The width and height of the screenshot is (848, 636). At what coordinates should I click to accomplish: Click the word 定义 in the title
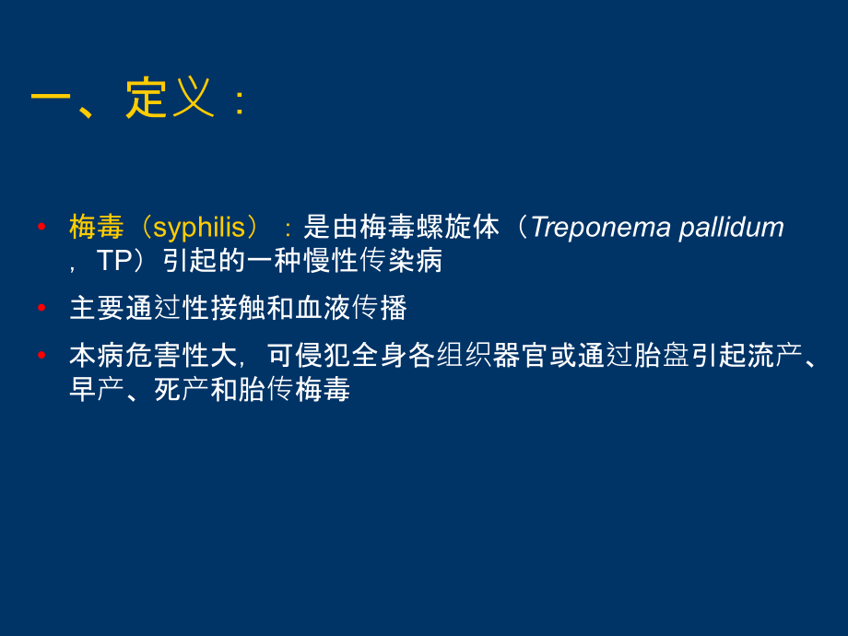(x=171, y=98)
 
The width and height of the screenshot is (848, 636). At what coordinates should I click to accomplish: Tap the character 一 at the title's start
(x=51, y=98)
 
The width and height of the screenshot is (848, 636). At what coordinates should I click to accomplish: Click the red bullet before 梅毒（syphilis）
(x=41, y=227)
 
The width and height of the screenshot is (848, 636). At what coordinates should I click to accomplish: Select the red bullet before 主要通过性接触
(x=41, y=308)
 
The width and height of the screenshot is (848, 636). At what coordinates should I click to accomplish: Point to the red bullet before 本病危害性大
(x=41, y=355)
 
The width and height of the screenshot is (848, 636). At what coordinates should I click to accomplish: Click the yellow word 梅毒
(x=97, y=227)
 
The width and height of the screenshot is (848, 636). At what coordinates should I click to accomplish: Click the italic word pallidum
(x=731, y=228)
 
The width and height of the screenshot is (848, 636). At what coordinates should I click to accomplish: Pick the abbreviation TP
(x=114, y=261)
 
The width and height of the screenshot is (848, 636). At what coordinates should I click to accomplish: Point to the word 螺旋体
(x=457, y=227)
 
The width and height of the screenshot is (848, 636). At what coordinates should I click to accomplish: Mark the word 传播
(x=379, y=308)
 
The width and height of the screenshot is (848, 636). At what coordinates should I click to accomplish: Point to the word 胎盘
(x=662, y=356)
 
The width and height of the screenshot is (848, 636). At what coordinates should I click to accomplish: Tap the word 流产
(x=774, y=356)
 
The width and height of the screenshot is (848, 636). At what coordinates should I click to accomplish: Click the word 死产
(x=182, y=389)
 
